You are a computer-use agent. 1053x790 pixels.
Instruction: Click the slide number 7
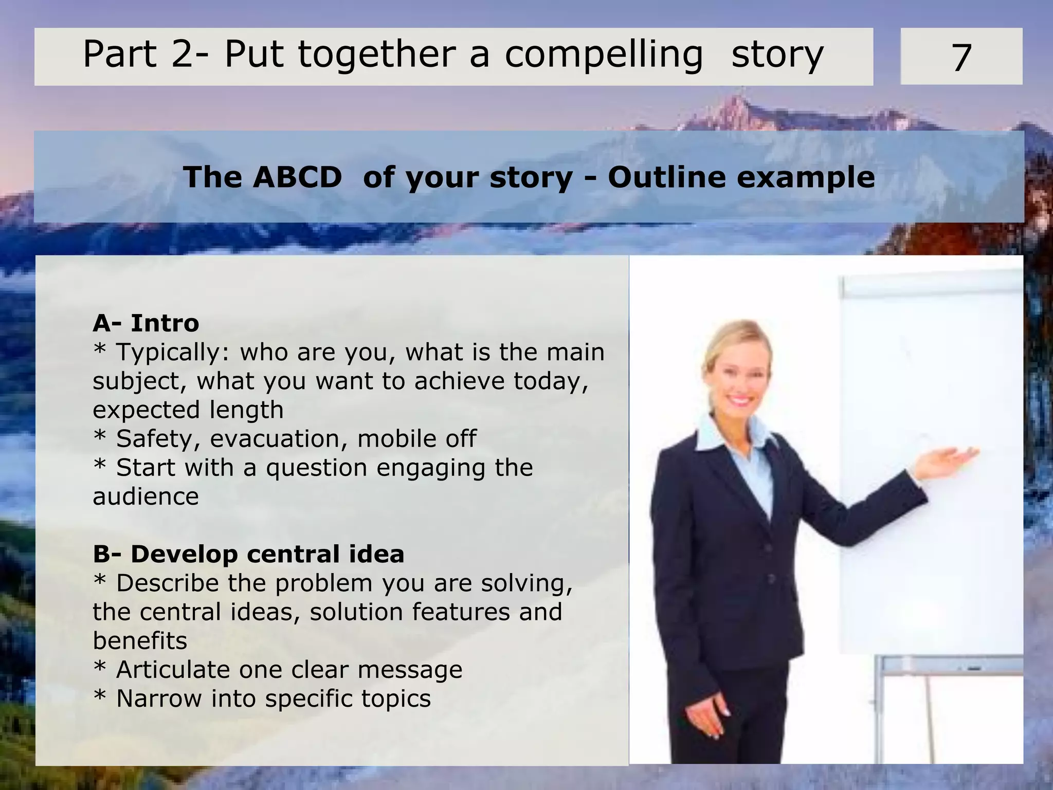pyautogui.click(x=961, y=58)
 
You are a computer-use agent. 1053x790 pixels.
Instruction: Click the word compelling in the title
pyautogui.click(x=604, y=55)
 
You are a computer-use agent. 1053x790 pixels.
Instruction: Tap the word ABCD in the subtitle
pyautogui.click(x=297, y=178)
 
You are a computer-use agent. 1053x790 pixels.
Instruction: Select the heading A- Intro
pyautogui.click(x=146, y=323)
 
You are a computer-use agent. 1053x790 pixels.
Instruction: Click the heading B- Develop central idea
pyautogui.click(x=248, y=554)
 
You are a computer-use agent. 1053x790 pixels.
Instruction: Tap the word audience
pyautogui.click(x=146, y=497)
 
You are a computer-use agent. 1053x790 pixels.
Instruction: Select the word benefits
pyautogui.click(x=140, y=641)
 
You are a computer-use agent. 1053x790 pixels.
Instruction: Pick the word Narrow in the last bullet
pyautogui.click(x=159, y=699)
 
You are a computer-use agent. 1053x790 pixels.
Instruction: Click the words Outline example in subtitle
pyautogui.click(x=740, y=178)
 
